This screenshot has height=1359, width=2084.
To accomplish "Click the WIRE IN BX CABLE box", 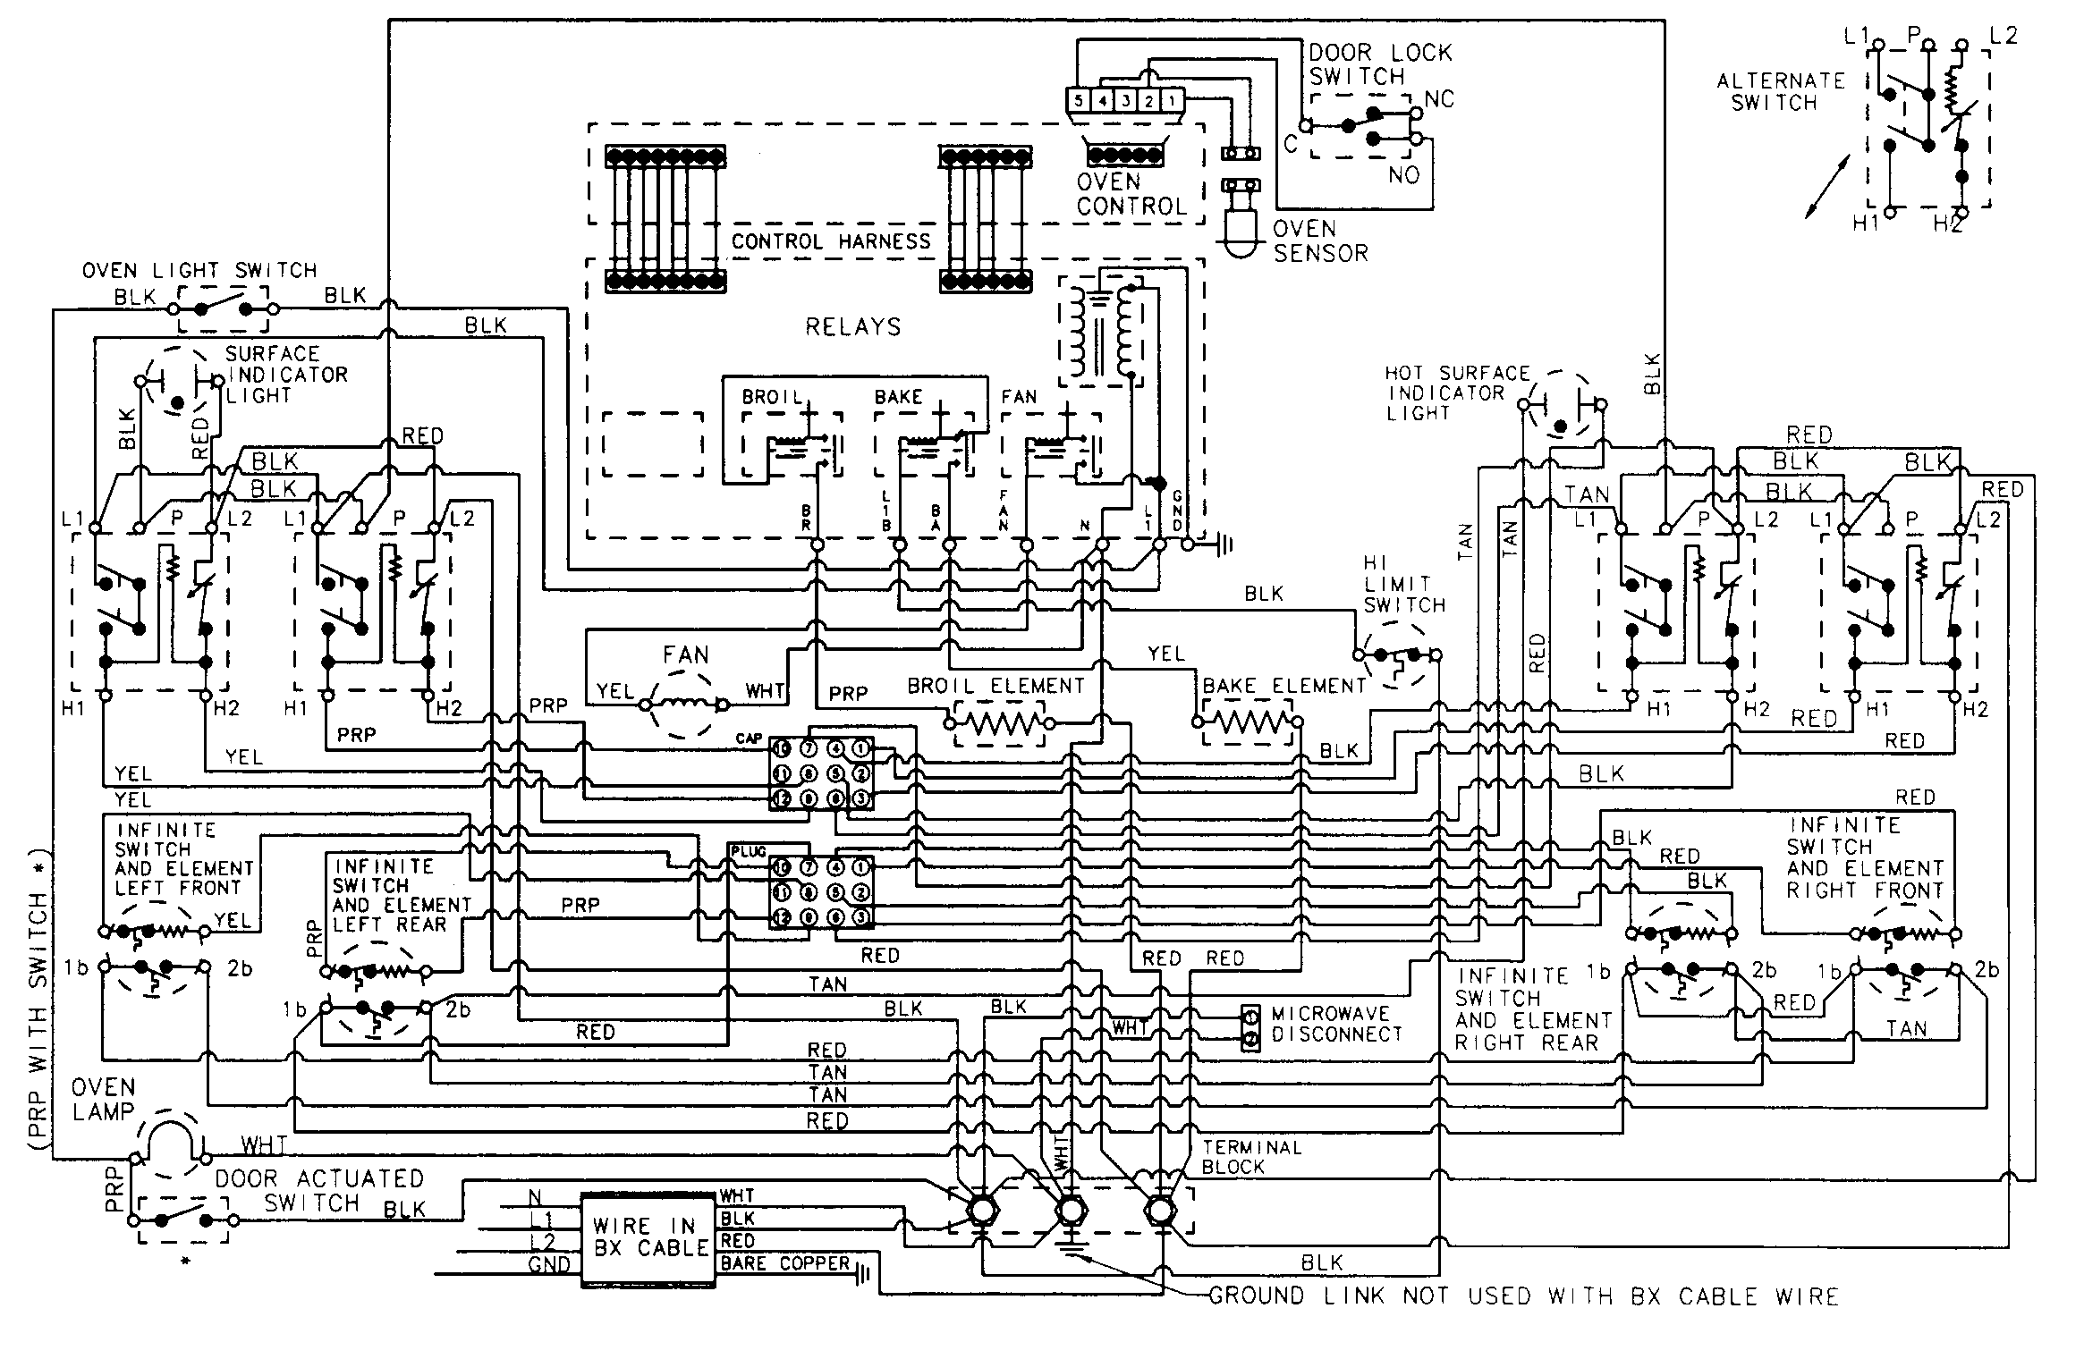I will click(648, 1239).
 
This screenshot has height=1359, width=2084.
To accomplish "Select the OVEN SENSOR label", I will click(1319, 241).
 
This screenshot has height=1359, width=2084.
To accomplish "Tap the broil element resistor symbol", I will click(998, 723).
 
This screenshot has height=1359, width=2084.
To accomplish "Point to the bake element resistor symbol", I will click(1248, 722).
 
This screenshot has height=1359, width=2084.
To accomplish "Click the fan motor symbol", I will click(684, 705).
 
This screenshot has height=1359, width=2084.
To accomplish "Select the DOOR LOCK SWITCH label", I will click(1379, 64).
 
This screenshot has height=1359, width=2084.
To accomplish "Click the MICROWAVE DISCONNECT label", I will click(1336, 1024).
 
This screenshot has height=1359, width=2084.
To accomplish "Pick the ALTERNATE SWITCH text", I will click(1780, 91).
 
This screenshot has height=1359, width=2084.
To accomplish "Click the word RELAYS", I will click(852, 327).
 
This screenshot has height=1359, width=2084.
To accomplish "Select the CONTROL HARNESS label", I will click(830, 241).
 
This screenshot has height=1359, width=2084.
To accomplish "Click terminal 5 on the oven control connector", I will click(1079, 100).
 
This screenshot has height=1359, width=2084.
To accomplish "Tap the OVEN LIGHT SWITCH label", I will click(199, 270).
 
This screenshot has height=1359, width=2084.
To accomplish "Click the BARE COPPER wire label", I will click(784, 1263).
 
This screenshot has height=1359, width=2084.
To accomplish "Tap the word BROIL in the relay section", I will click(771, 397).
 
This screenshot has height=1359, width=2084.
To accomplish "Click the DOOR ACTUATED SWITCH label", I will click(318, 1190).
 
